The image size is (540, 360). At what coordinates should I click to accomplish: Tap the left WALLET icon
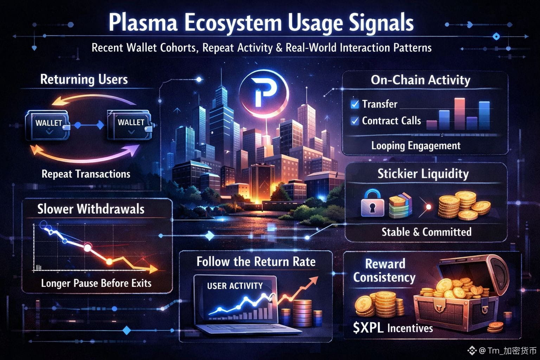(48, 125)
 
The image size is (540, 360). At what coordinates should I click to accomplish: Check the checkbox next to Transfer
(355, 104)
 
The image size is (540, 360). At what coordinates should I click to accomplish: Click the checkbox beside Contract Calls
(355, 121)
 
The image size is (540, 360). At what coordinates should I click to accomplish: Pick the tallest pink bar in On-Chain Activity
(459, 113)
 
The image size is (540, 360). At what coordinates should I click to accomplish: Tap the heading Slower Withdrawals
(91, 209)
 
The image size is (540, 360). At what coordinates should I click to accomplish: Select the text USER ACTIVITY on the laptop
(235, 286)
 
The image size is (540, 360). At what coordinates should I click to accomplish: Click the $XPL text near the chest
(368, 328)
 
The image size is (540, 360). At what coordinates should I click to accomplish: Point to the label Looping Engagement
(416, 146)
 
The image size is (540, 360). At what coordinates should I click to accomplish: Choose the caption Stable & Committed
(426, 232)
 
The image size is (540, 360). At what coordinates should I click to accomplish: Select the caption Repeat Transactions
(86, 174)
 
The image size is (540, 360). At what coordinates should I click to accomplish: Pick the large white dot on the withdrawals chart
(87, 247)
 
